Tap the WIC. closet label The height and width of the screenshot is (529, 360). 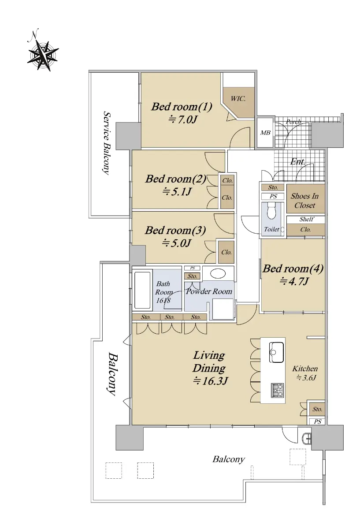[238, 98]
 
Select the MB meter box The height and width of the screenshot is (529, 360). [265, 133]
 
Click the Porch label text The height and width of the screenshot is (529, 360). [293, 122]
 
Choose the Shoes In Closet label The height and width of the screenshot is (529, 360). [304, 201]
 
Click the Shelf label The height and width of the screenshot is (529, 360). [306, 219]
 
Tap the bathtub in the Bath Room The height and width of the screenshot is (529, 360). [142, 290]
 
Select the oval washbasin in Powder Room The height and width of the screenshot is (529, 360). [218, 274]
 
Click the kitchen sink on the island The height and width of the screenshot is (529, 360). [276, 352]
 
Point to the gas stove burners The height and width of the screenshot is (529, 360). [278, 390]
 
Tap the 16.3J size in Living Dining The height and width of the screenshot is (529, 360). [210, 381]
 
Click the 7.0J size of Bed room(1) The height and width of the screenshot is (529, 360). [182, 120]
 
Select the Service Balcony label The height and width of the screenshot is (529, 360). [107, 143]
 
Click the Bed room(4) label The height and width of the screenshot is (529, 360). [293, 268]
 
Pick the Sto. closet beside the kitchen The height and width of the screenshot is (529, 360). [317, 409]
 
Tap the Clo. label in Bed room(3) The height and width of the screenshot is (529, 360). [226, 252]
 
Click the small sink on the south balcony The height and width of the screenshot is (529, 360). [308, 439]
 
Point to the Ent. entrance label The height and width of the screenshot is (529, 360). [297, 162]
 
